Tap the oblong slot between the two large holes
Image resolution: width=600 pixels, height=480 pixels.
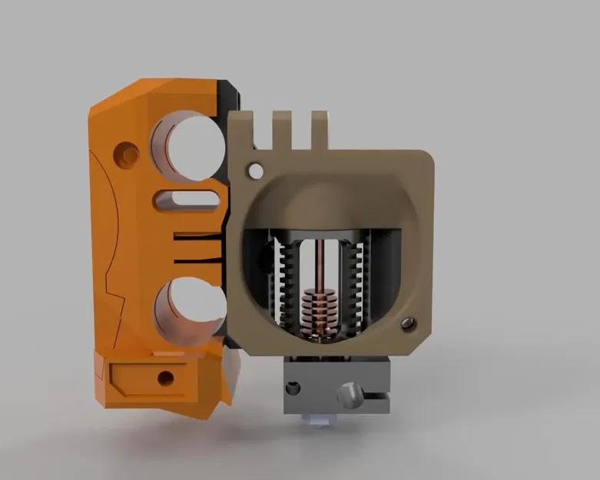click(x=184, y=200)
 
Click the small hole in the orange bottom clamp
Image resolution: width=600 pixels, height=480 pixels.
click(x=164, y=378)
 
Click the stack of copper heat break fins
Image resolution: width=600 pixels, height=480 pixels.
click(x=316, y=307)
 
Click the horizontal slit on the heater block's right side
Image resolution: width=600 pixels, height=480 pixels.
click(x=376, y=397)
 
